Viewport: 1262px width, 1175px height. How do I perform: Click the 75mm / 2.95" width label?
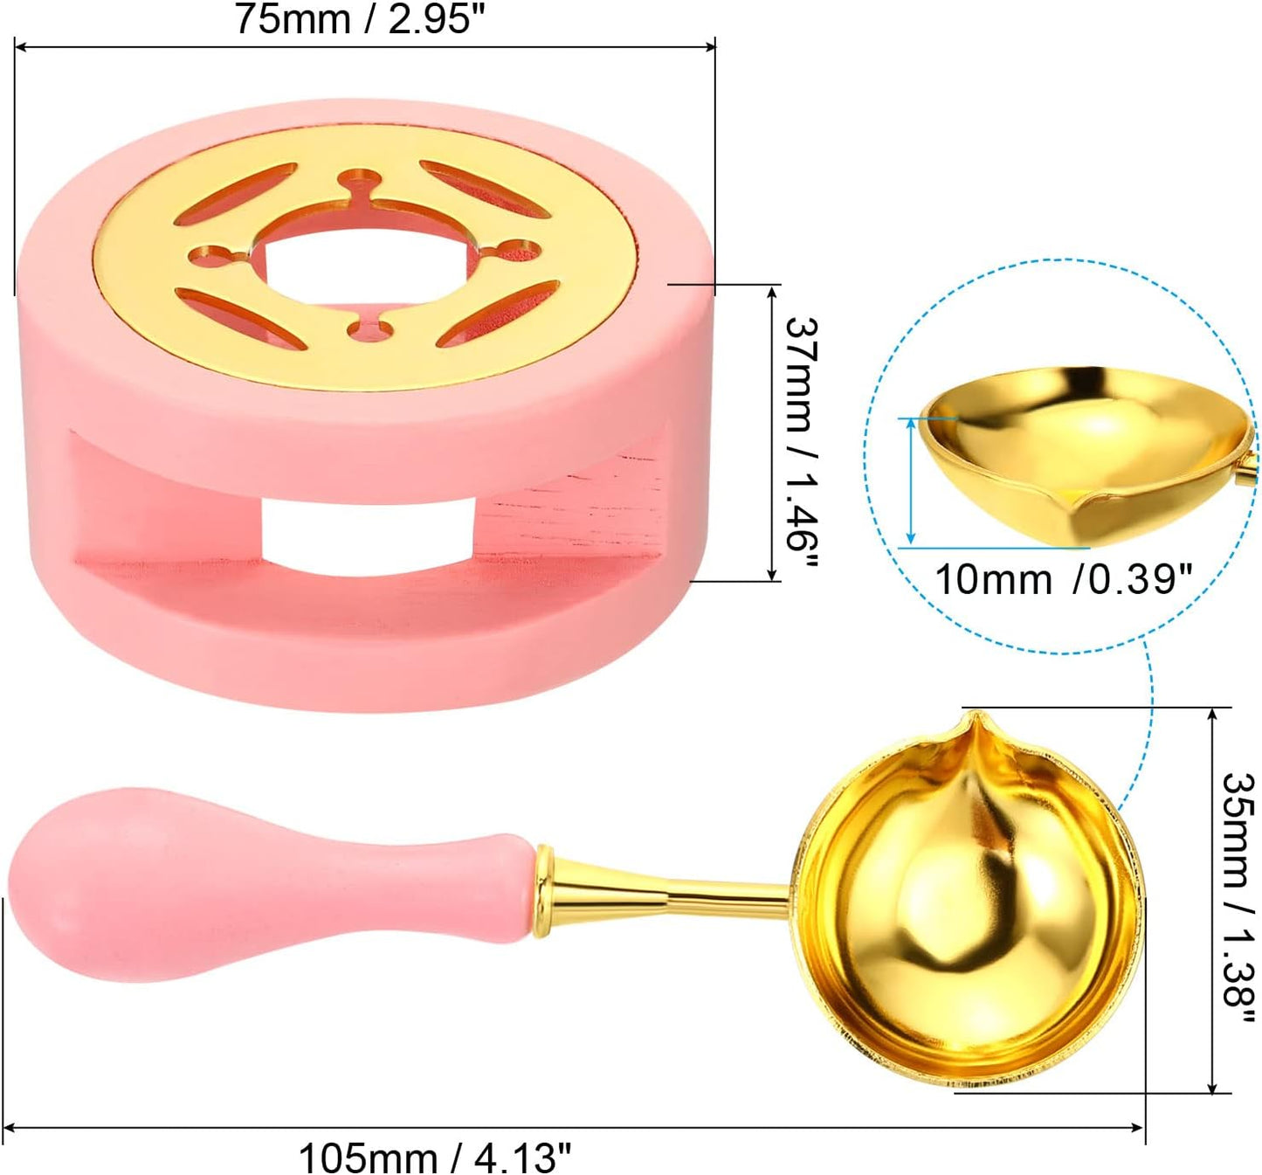click(364, 20)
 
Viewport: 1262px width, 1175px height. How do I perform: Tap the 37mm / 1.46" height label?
click(800, 442)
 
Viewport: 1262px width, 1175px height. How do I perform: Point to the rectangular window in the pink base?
click(368, 536)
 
